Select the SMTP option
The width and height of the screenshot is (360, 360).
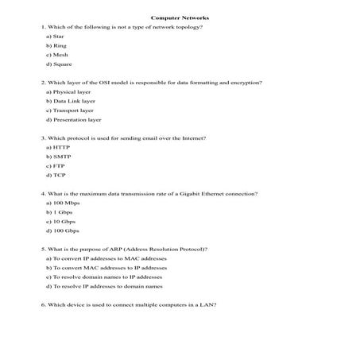pos(59,157)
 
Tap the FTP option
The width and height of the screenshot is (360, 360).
pos(56,166)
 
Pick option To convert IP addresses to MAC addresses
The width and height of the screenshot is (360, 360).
pos(106,259)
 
